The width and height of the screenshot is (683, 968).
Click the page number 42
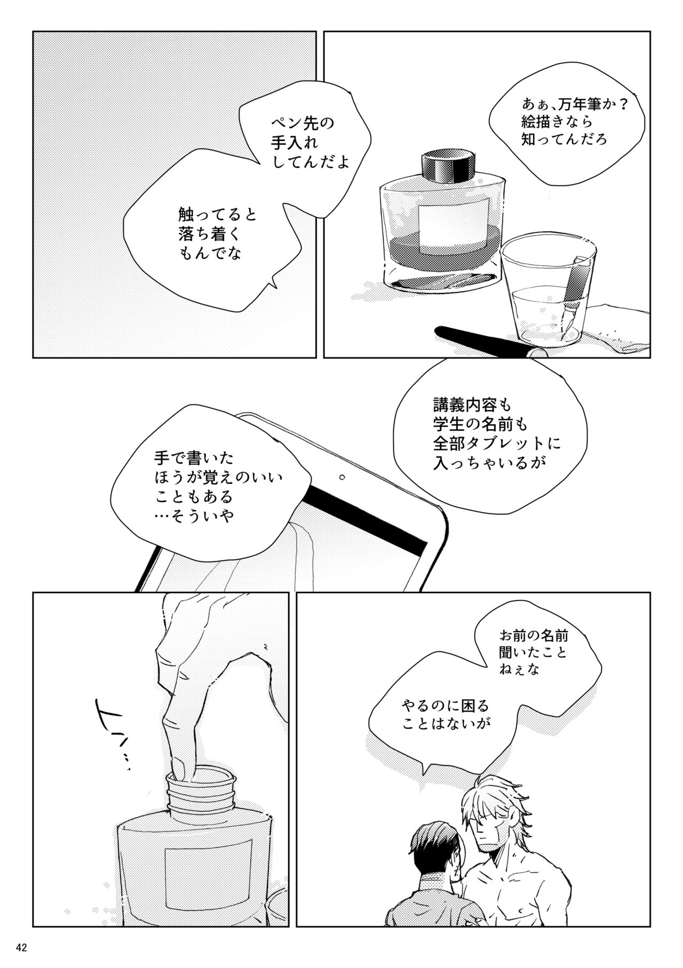(x=22, y=947)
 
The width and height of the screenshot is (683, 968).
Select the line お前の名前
(x=534, y=635)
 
